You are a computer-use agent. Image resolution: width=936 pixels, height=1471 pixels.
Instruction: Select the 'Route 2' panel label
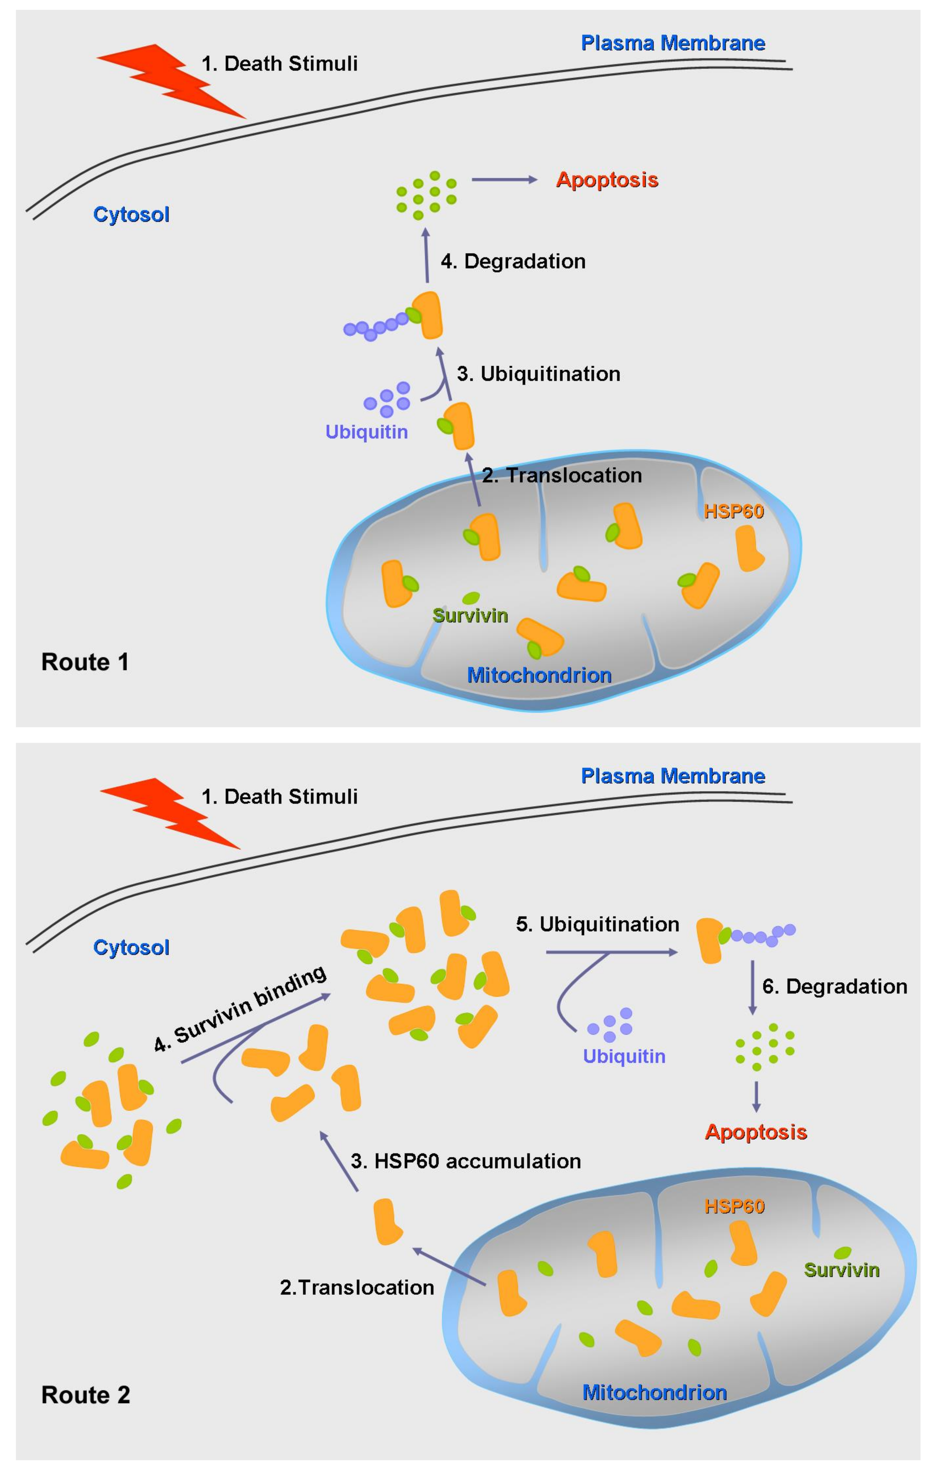[86, 1395]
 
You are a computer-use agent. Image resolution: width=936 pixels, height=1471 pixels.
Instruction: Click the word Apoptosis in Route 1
[607, 180]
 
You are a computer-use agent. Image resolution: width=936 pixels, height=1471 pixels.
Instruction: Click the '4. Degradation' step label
[513, 262]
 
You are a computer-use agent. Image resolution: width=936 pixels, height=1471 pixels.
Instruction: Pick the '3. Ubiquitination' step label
[538, 374]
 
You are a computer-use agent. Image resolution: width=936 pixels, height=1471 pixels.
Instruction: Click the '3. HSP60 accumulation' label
[465, 1161]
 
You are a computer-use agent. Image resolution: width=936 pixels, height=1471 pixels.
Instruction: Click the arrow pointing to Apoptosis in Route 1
[504, 180]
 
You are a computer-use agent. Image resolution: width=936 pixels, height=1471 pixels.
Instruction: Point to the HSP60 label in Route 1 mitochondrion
[734, 511]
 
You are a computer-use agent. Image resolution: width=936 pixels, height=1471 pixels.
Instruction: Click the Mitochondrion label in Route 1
[539, 675]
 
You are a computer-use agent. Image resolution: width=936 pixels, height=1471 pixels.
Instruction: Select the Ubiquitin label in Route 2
[624, 1056]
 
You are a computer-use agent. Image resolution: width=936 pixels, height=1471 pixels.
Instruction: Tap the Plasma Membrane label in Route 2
[673, 776]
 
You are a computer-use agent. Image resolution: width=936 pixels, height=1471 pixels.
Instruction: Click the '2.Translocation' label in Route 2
[357, 1287]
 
